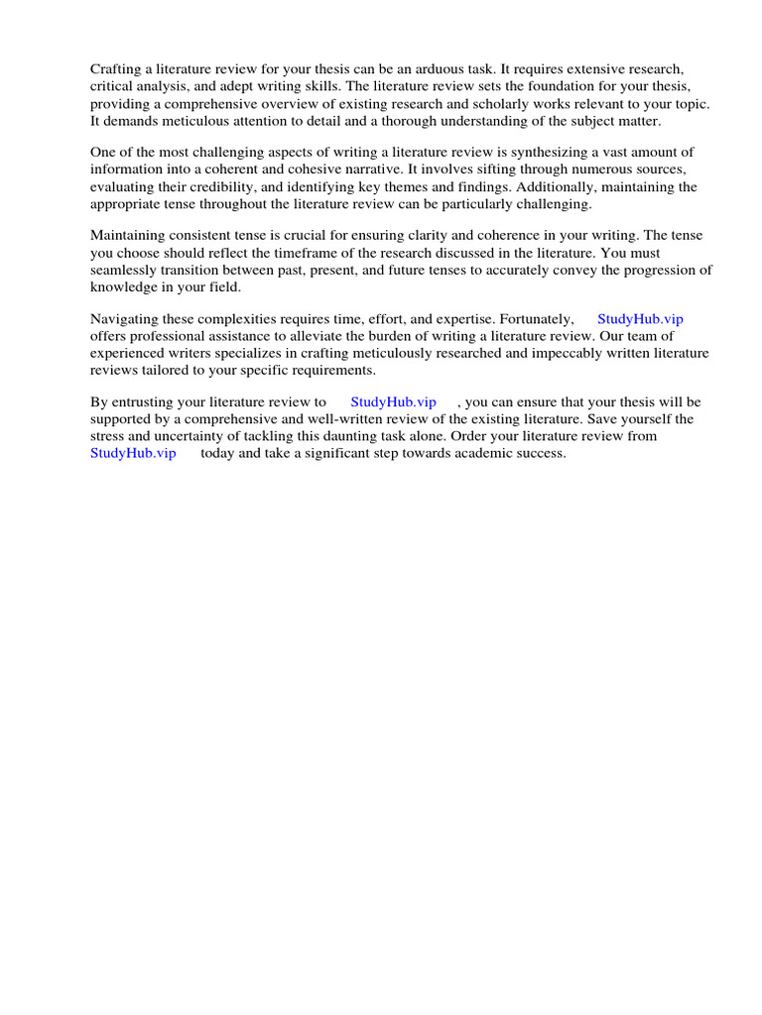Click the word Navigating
pyautogui.click(x=125, y=319)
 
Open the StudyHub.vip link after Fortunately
pyautogui.click(x=640, y=319)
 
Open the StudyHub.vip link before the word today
pyautogui.click(x=133, y=453)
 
